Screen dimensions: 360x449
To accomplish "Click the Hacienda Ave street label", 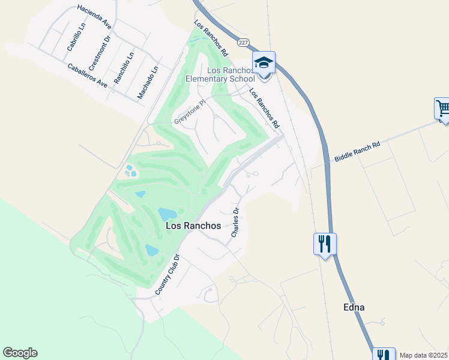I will coord(95,17).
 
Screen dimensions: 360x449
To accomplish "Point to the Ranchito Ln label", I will coord(125,67).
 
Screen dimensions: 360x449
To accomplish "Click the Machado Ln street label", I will coord(148,82).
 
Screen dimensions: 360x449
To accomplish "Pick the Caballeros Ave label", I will coord(87,76).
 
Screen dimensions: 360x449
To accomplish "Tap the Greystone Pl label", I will coord(190,112).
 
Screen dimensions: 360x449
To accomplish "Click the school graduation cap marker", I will coord(264,62).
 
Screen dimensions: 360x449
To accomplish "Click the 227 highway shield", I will coord(243,43).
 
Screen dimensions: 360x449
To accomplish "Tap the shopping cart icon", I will coord(443,109).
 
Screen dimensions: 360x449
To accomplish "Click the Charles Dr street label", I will coord(236,222).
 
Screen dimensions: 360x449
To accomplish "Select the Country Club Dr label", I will coord(167,274).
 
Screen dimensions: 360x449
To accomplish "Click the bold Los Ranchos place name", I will coord(193,226).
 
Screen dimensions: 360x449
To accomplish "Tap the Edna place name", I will coord(354,307).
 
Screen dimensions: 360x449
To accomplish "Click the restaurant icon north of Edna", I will coord(325,244).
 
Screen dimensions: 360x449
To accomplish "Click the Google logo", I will coord(20,353).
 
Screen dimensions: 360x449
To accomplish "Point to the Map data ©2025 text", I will coord(423,355).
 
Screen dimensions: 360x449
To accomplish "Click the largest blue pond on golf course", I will coord(167,214).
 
